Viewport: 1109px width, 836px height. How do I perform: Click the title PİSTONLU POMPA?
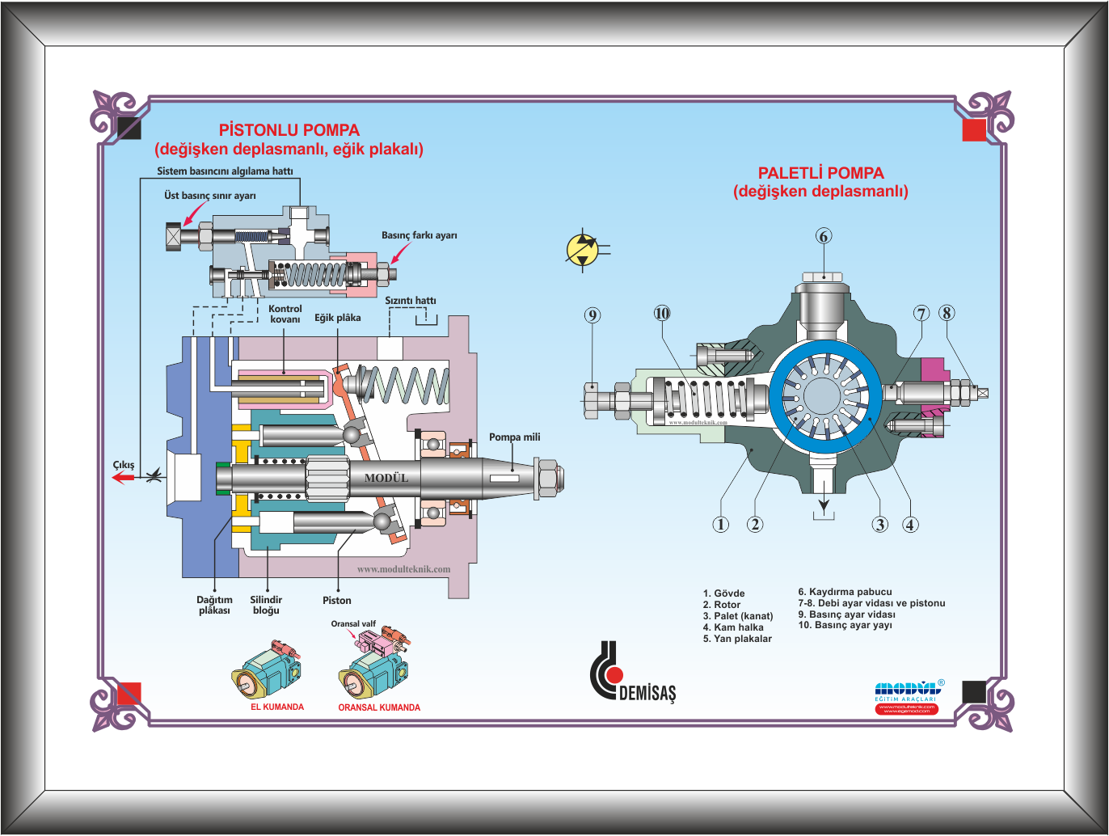click(x=289, y=130)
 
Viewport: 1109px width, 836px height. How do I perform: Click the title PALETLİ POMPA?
click(x=820, y=173)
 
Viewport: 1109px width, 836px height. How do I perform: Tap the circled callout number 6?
click(x=824, y=236)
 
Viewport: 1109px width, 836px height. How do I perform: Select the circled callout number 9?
click(x=592, y=315)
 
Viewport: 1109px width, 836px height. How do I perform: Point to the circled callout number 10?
click(x=662, y=314)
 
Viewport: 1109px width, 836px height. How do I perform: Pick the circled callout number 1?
click(x=720, y=525)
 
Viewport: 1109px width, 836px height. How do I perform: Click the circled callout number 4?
click(x=910, y=525)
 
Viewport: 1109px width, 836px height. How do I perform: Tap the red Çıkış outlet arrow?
click(x=123, y=478)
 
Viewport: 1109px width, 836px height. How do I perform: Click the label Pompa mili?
click(x=514, y=437)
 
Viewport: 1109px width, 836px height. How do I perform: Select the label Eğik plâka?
click(x=337, y=318)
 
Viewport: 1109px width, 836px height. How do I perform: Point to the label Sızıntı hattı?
click(x=410, y=301)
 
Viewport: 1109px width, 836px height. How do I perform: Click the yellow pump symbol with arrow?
click(x=583, y=250)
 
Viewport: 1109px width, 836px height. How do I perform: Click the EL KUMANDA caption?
click(x=277, y=707)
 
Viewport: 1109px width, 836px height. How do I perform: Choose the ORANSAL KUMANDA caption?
click(x=379, y=707)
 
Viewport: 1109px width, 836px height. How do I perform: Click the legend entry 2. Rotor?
click(x=722, y=605)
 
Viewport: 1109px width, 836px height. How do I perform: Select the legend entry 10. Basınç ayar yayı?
click(x=845, y=625)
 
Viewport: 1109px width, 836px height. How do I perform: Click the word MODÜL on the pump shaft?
click(x=386, y=478)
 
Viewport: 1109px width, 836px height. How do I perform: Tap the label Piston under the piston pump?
click(x=337, y=601)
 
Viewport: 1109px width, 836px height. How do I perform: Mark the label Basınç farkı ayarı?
click(x=419, y=235)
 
